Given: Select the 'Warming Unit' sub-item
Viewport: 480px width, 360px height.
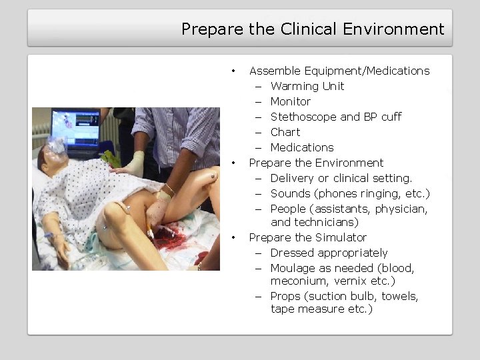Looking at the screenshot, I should pos(307,86).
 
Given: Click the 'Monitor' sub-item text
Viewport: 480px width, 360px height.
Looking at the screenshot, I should pos(290,101).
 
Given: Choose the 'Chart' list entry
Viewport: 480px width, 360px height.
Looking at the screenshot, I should pos(285,132).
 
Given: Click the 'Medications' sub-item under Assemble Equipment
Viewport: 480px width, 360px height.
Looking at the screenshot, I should pos(302,147).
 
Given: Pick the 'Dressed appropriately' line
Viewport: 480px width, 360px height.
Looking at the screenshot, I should pos(329,253).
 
